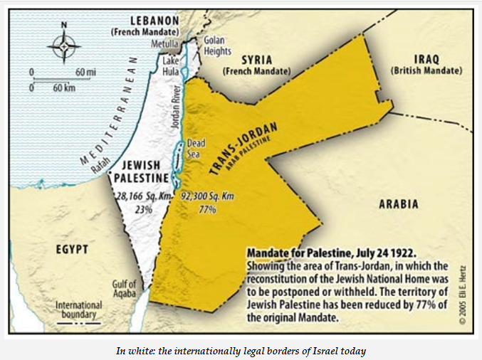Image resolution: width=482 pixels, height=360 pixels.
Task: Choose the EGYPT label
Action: pyautogui.click(x=71, y=249)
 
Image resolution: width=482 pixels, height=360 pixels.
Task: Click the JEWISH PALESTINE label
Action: pyautogui.click(x=142, y=171)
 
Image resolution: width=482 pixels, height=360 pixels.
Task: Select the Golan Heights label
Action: pyautogui.click(x=217, y=46)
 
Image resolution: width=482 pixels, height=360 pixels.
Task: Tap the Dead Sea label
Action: pyautogui.click(x=196, y=148)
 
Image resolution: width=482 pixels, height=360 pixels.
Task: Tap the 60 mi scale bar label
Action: pyautogui.click(x=85, y=73)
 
